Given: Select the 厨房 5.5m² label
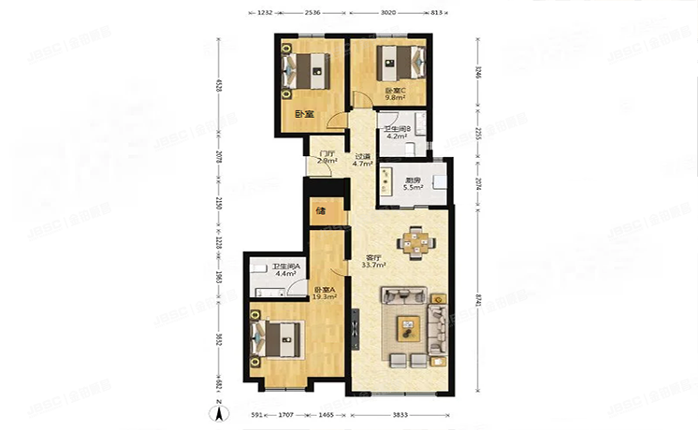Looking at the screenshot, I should click(x=413, y=184).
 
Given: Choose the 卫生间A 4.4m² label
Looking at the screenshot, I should click(x=284, y=271).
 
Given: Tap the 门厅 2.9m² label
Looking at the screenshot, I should click(x=327, y=157).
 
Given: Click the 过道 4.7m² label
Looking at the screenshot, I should click(x=362, y=160).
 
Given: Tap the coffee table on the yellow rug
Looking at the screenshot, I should click(x=408, y=327).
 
